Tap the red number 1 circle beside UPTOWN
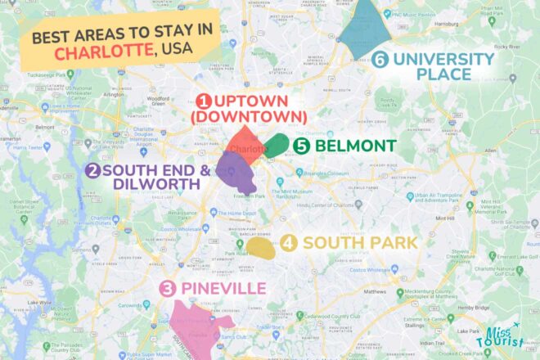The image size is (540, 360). [x=204, y=101]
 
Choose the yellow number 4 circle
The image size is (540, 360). [x=288, y=243]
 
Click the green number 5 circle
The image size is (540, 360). [x=301, y=146]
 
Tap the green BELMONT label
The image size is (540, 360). [x=355, y=146]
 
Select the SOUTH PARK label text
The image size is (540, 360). [x=360, y=243]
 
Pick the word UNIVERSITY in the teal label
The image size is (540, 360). [x=443, y=59]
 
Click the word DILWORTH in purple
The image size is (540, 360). [x=155, y=185]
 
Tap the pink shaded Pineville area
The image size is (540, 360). [x=194, y=327]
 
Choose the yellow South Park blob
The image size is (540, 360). [x=261, y=247]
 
